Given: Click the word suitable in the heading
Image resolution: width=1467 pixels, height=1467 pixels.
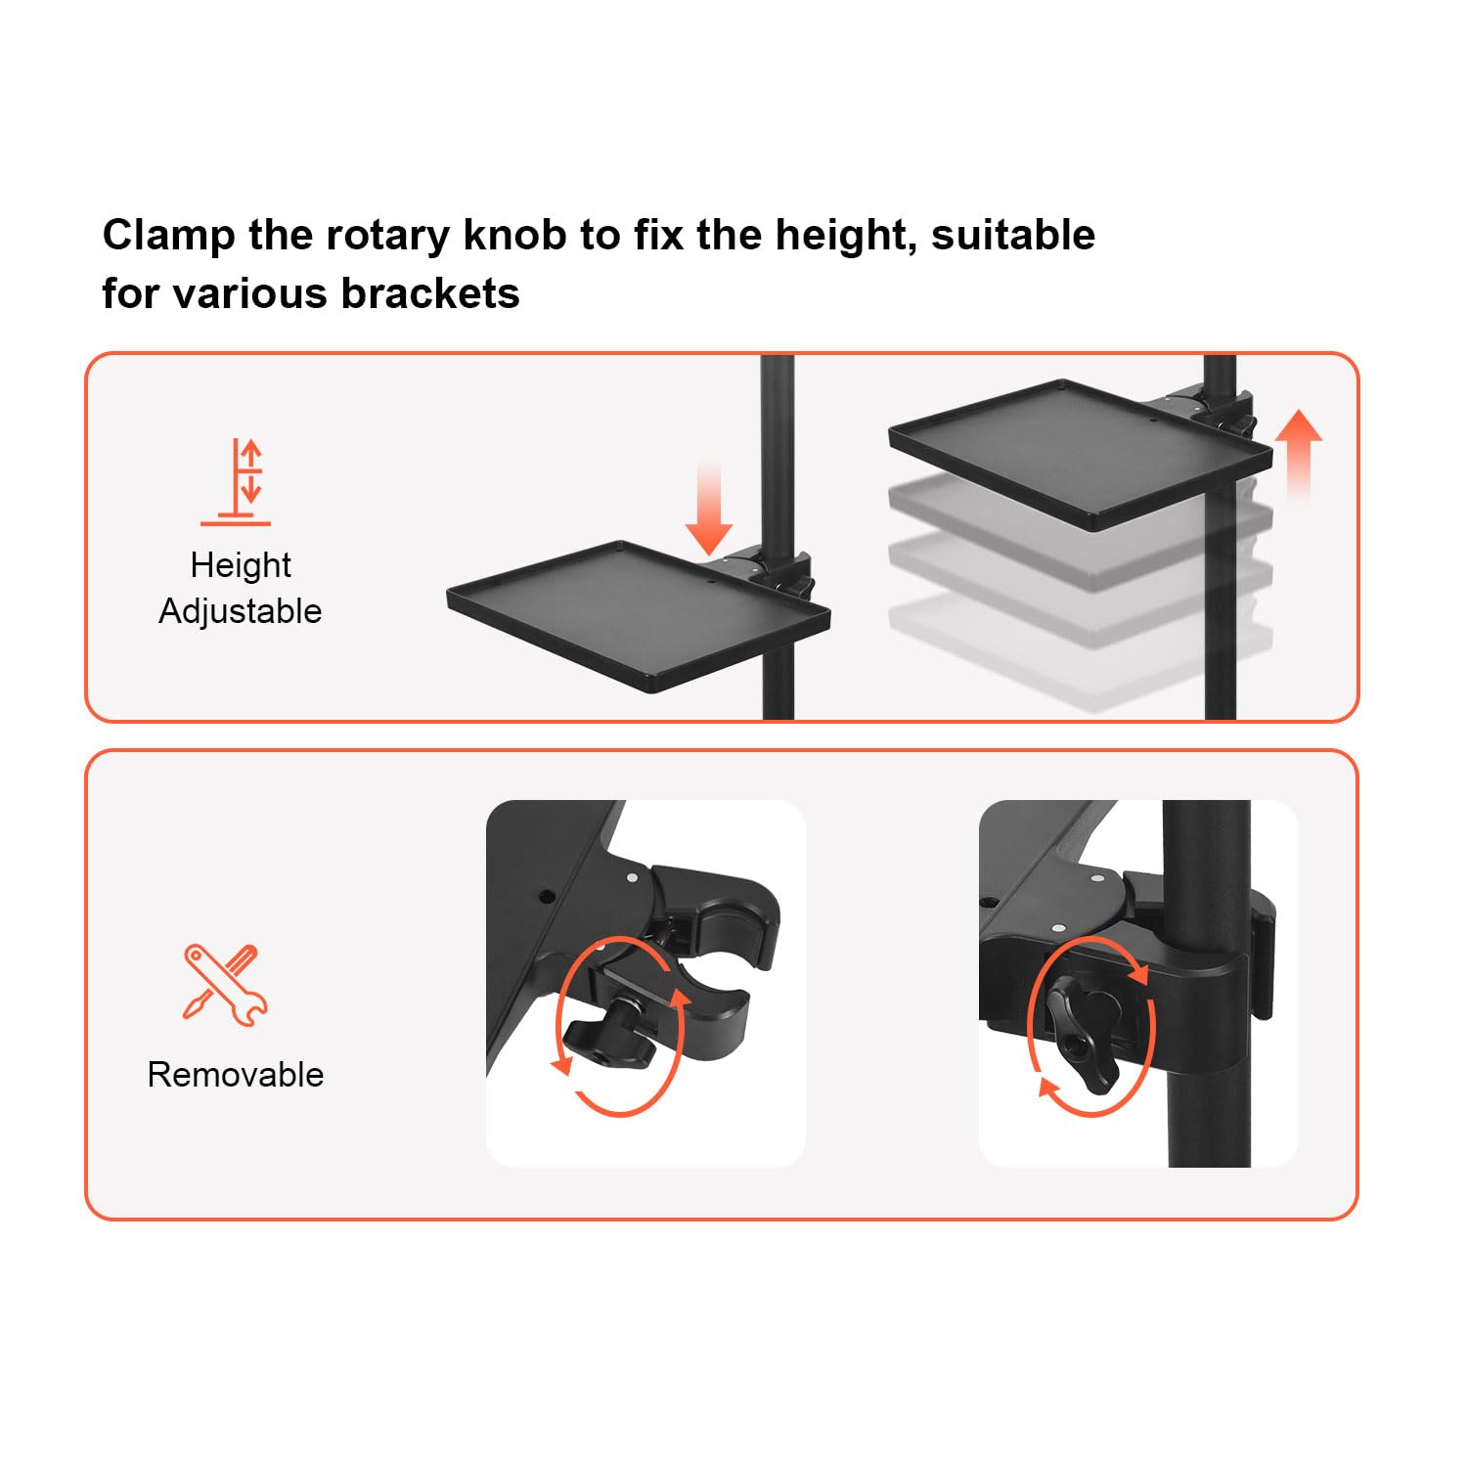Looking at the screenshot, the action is point(1013,235).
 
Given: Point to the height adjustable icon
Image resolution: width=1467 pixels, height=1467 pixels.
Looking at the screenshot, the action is point(237,482).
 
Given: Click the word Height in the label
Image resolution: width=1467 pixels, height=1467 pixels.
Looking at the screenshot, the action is point(241,565).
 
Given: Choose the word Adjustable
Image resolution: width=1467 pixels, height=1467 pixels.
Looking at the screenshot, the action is point(241,611).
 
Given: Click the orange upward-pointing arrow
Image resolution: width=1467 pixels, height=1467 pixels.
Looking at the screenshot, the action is point(1299,456).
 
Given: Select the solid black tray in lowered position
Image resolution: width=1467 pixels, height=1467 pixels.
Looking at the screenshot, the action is point(638,616).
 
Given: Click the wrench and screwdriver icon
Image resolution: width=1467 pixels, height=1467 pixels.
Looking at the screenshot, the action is point(225,984).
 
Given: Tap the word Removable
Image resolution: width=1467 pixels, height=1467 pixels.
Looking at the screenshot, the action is point(236,1075).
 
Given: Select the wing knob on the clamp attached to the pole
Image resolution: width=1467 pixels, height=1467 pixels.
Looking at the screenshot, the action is point(1083,1037).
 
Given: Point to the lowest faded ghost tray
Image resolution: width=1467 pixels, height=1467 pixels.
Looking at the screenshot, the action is point(1080,650).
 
